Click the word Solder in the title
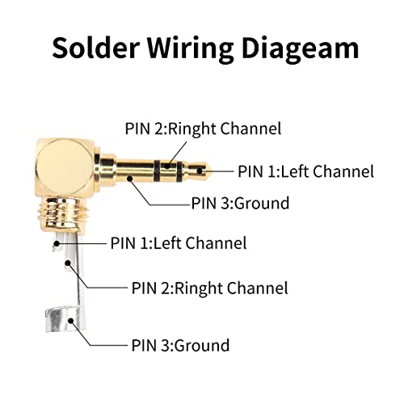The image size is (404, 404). click(x=96, y=48)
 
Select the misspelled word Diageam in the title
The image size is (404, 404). click(x=301, y=51)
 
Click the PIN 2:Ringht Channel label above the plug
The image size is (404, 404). click(x=203, y=129)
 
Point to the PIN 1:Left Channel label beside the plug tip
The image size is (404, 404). click(x=306, y=171)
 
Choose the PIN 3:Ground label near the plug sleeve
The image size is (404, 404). click(x=240, y=203)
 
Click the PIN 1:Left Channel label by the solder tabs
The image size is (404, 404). click(x=179, y=243)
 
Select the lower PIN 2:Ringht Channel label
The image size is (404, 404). click(x=210, y=288)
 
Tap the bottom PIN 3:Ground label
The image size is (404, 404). click(x=180, y=345)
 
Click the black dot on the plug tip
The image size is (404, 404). click(x=200, y=170)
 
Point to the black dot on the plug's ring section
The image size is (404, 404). click(x=167, y=166)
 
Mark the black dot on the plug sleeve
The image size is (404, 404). click(x=130, y=178)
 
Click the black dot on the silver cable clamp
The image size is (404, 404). click(x=71, y=321)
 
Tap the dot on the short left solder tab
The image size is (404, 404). click(x=57, y=243)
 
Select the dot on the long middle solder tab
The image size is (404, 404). click(x=68, y=263)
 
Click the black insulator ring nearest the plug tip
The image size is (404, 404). click(x=179, y=171)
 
